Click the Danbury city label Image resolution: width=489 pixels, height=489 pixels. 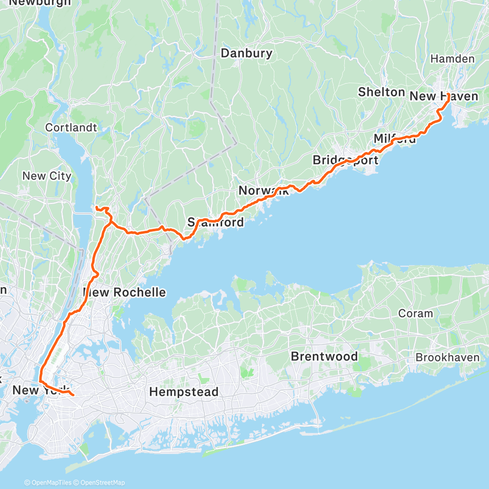tap(246, 53)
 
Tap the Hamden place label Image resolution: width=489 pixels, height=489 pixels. tap(452, 59)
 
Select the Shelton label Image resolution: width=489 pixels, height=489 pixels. tap(381, 92)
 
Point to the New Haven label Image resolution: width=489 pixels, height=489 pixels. tap(444, 96)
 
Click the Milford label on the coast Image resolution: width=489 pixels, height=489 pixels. tap(395, 139)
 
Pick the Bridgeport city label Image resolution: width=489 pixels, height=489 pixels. tap(345, 160)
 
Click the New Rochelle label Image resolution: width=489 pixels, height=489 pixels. tap(125, 292)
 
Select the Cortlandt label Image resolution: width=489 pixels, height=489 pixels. tap(71, 128)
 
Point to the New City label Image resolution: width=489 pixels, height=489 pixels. tap(47, 176)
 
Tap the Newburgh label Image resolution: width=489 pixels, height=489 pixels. tap(40, 2)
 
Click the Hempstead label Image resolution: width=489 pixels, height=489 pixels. tap(184, 392)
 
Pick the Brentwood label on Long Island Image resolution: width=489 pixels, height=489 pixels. tap(324, 356)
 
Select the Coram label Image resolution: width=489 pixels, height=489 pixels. tap(416, 313)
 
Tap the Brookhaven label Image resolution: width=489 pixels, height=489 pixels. tap(447, 357)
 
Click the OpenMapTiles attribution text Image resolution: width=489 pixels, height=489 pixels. tap(48, 483)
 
